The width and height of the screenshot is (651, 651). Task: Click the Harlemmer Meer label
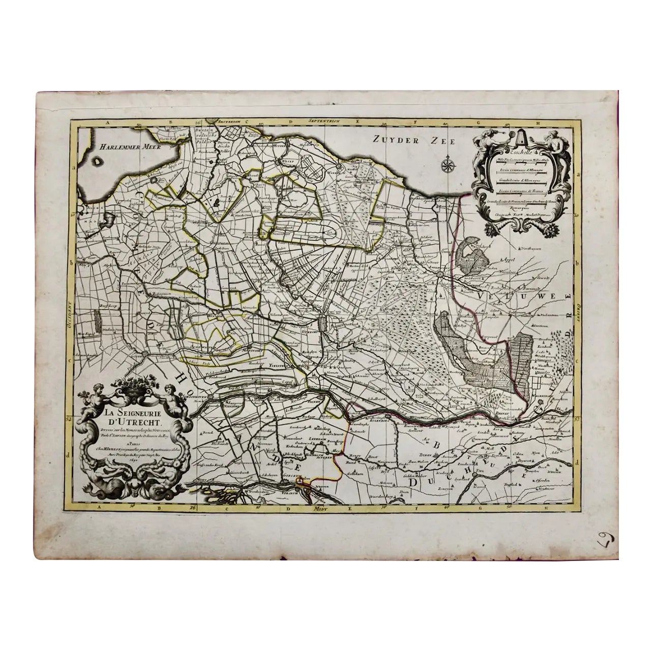[123, 146]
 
